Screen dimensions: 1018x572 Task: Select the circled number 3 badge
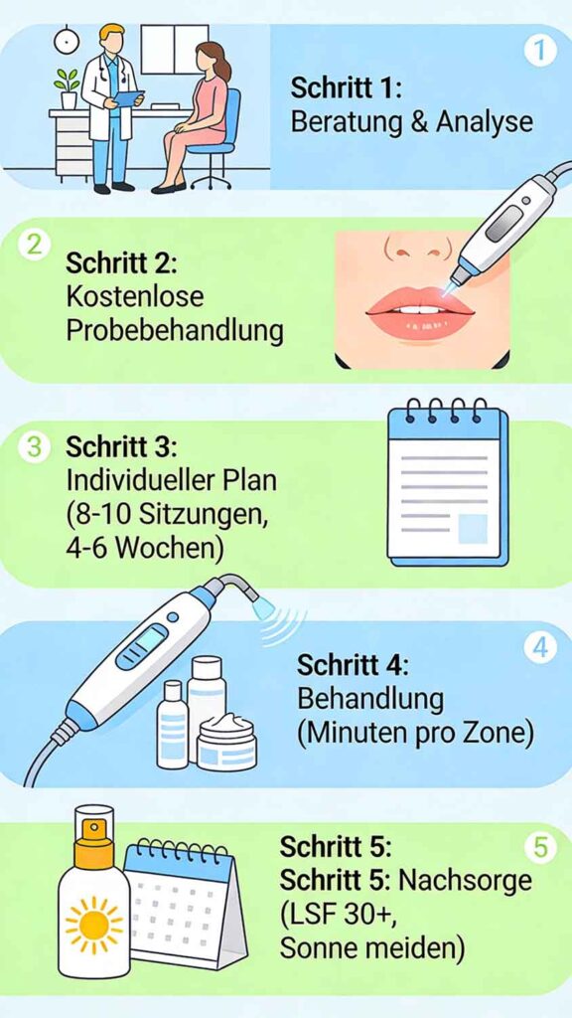click(33, 447)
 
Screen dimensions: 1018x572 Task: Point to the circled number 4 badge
click(539, 648)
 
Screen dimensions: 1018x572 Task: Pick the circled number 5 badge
click(539, 848)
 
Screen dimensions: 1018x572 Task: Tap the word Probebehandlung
click(174, 331)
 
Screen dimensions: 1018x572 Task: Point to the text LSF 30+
click(335, 915)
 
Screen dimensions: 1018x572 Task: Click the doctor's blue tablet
click(129, 98)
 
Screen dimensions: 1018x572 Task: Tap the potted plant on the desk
click(68, 87)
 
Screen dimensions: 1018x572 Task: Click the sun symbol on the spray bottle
click(93, 925)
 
